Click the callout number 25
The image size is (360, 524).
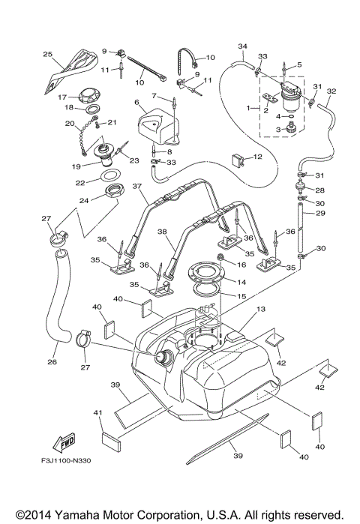[47, 54]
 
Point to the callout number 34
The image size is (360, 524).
[242, 46]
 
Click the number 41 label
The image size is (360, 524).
[97, 412]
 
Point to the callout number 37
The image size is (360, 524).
[137, 186]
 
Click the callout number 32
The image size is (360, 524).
[331, 91]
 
